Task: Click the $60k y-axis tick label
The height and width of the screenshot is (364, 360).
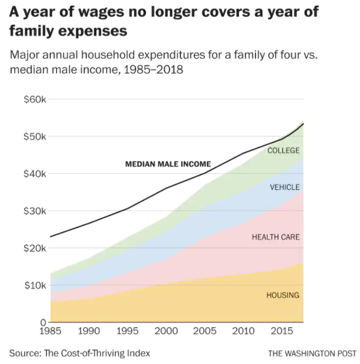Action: (x=35, y=99)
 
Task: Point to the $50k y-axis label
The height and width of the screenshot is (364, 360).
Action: (x=35, y=136)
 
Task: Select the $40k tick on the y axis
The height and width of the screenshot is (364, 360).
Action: (x=35, y=173)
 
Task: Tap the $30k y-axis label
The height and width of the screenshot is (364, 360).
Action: (x=35, y=211)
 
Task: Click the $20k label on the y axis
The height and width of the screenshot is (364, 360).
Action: (x=35, y=248)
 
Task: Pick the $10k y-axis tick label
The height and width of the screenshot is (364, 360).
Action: (x=35, y=285)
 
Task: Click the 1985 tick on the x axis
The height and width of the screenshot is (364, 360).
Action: (x=51, y=330)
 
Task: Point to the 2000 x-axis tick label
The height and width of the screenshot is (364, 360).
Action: (x=166, y=330)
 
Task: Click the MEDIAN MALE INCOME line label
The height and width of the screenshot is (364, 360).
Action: (x=168, y=164)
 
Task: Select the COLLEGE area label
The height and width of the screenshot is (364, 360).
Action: (x=283, y=150)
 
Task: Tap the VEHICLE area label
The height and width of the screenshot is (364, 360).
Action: (x=285, y=188)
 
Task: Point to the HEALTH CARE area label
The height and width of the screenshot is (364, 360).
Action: (x=275, y=237)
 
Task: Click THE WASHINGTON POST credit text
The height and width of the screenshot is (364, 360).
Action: (x=312, y=353)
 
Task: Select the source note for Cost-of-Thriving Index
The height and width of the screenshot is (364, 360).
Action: (x=79, y=353)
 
